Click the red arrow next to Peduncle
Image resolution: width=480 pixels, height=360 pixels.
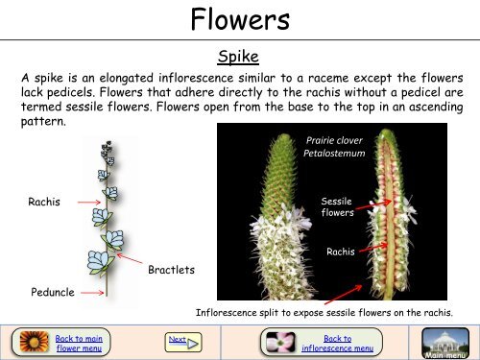[x=87, y=286]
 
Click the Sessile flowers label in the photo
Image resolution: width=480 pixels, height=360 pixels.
[x=337, y=207]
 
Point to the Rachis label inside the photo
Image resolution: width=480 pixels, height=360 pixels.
[x=342, y=252]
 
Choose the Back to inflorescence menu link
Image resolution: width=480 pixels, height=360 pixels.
[x=337, y=342]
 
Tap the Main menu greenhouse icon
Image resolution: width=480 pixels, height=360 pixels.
[x=445, y=342]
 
